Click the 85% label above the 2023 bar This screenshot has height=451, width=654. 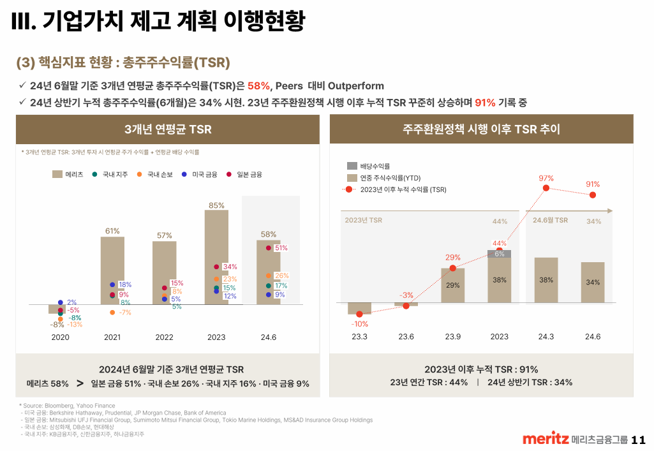[216, 205]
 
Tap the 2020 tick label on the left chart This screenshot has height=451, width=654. [60, 337]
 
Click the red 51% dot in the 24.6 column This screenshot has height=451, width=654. [269, 248]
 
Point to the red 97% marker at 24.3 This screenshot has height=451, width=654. [546, 188]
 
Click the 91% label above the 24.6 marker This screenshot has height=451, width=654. [593, 184]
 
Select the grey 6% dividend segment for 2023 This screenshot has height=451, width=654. [499, 253]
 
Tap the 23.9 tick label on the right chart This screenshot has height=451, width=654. [452, 337]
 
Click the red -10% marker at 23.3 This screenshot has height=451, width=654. [359, 314]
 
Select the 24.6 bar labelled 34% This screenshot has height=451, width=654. [593, 282]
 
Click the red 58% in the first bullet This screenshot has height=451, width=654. [259, 86]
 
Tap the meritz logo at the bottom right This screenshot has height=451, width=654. [546, 440]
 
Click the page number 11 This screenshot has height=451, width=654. [638, 440]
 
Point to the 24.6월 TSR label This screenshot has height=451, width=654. [550, 220]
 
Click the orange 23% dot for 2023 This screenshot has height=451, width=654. [217, 279]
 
